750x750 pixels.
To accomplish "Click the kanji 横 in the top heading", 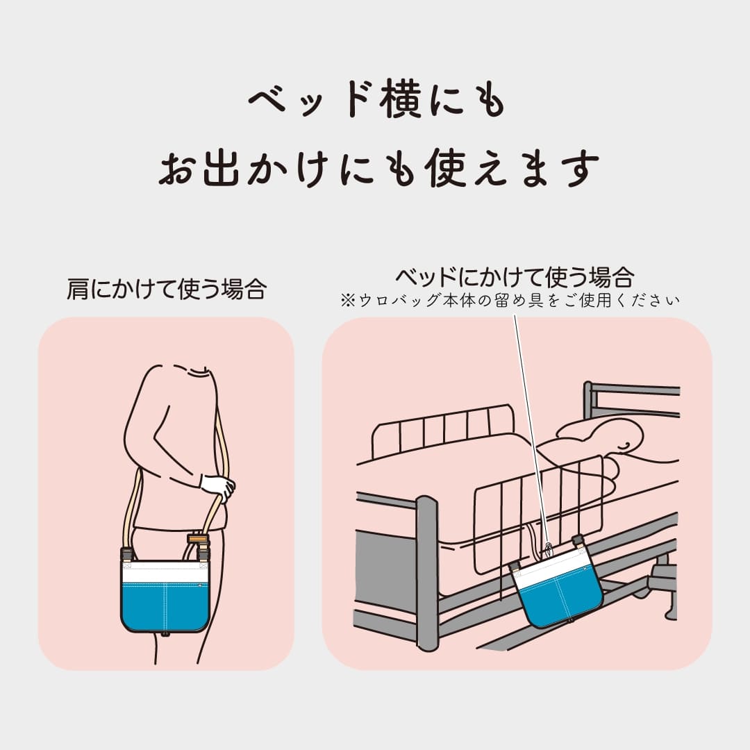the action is [400, 99].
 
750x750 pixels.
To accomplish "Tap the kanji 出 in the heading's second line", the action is [221, 167].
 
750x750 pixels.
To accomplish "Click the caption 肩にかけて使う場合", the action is [167, 289].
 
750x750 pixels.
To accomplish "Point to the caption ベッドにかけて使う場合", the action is [515, 277].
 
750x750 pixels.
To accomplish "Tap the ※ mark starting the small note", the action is [348, 301].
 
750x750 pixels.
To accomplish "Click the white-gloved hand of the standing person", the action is [217, 487].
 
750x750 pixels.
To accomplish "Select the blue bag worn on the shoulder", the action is [165, 597].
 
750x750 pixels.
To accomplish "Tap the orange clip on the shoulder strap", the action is [197, 539].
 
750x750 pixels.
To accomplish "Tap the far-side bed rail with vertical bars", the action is [442, 429].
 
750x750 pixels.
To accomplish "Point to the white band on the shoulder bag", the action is [165, 572].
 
